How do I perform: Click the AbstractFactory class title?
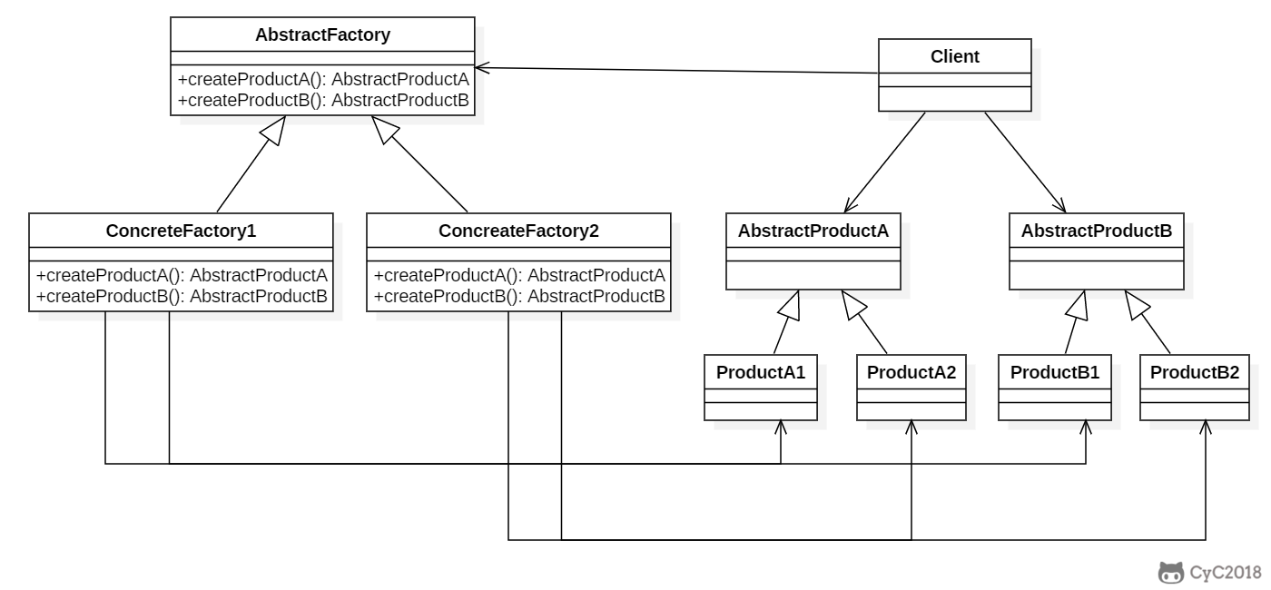pyautogui.click(x=322, y=35)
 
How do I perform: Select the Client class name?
pyautogui.click(x=955, y=56)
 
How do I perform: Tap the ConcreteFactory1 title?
pyautogui.click(x=182, y=231)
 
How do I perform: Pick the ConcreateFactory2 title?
pyautogui.click(x=518, y=231)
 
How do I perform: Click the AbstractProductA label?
pyautogui.click(x=813, y=231)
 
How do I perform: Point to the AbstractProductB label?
pyautogui.click(x=1097, y=231)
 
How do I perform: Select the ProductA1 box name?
pyautogui.click(x=761, y=371)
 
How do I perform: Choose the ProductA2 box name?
pyautogui.click(x=911, y=371)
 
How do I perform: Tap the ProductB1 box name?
pyautogui.click(x=1055, y=371)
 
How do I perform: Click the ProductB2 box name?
pyautogui.click(x=1194, y=371)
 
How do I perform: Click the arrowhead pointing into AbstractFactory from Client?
pyautogui.click(x=482, y=66)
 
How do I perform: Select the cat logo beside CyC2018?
pyautogui.click(x=1171, y=572)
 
